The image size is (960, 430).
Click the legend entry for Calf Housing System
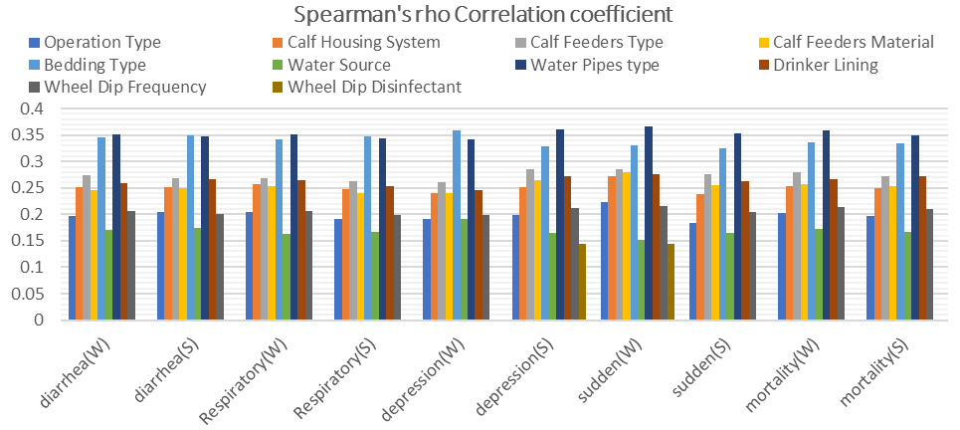click(363, 42)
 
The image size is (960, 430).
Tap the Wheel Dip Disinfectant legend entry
click(374, 87)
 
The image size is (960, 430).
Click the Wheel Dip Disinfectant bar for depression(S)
click(581, 282)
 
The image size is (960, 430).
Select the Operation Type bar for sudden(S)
click(691, 271)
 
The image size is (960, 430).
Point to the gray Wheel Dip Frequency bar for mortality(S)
click(927, 264)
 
